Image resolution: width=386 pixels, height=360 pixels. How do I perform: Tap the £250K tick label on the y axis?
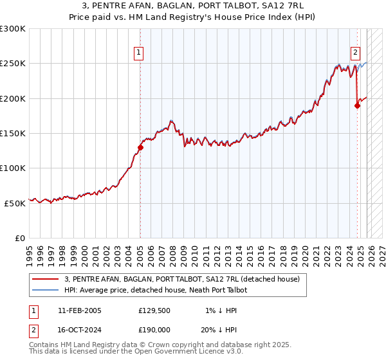point(13,64)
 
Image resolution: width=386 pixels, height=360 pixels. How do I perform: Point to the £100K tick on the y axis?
point(13,168)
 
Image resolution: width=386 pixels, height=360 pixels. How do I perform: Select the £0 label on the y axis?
point(20,238)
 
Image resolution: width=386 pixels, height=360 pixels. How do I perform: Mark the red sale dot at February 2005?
point(140,147)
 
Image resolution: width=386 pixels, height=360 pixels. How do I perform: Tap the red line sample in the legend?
point(45,280)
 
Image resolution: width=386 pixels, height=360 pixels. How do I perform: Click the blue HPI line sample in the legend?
point(45,291)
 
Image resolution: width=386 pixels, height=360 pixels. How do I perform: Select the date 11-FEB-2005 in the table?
point(79,310)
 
